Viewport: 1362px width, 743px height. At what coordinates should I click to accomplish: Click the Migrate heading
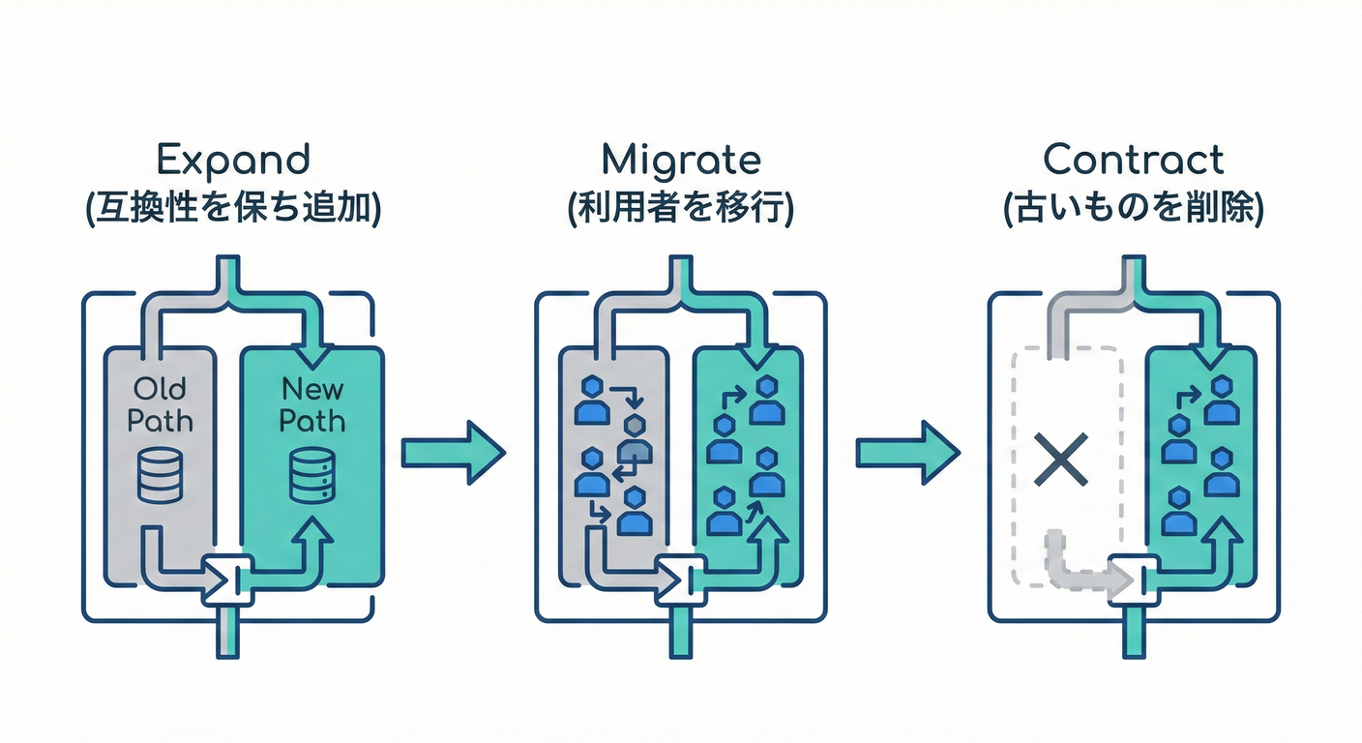click(680, 159)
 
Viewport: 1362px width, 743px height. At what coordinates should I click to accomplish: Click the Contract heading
click(1134, 159)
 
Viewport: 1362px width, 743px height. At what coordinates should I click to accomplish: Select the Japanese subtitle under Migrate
click(680, 209)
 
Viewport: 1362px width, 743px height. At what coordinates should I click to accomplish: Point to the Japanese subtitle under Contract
click(1134, 209)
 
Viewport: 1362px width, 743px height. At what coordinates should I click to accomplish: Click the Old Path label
click(160, 404)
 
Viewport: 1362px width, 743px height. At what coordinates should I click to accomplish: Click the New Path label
click(312, 404)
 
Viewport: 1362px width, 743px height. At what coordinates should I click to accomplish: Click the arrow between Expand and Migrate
click(453, 451)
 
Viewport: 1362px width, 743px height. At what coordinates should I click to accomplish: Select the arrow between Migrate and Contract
click(907, 451)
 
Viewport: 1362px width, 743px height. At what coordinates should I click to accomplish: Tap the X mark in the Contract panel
click(1061, 459)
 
